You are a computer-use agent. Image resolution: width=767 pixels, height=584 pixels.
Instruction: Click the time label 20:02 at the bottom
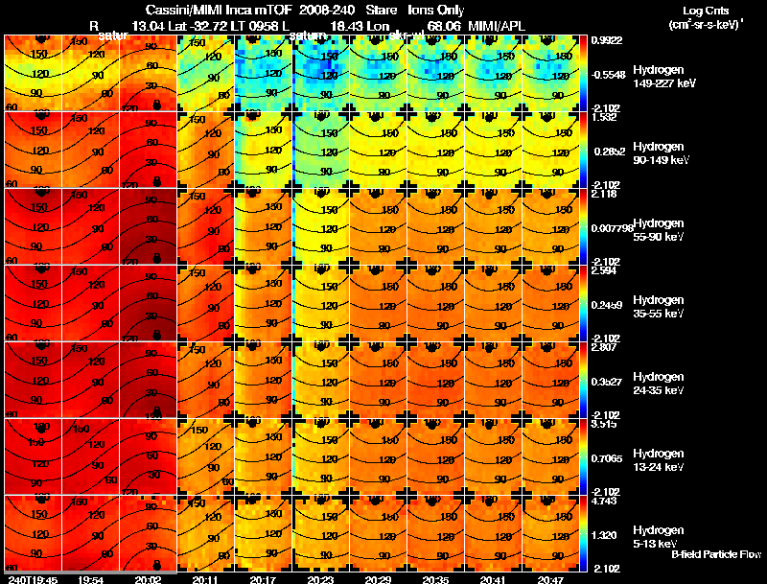148,579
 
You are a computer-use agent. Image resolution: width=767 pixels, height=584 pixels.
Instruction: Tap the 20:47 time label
551,579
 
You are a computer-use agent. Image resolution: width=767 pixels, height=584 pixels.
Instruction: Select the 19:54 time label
90,579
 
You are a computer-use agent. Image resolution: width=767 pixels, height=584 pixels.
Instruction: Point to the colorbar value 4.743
606,501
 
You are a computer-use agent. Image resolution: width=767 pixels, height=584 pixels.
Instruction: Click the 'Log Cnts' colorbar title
706,10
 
